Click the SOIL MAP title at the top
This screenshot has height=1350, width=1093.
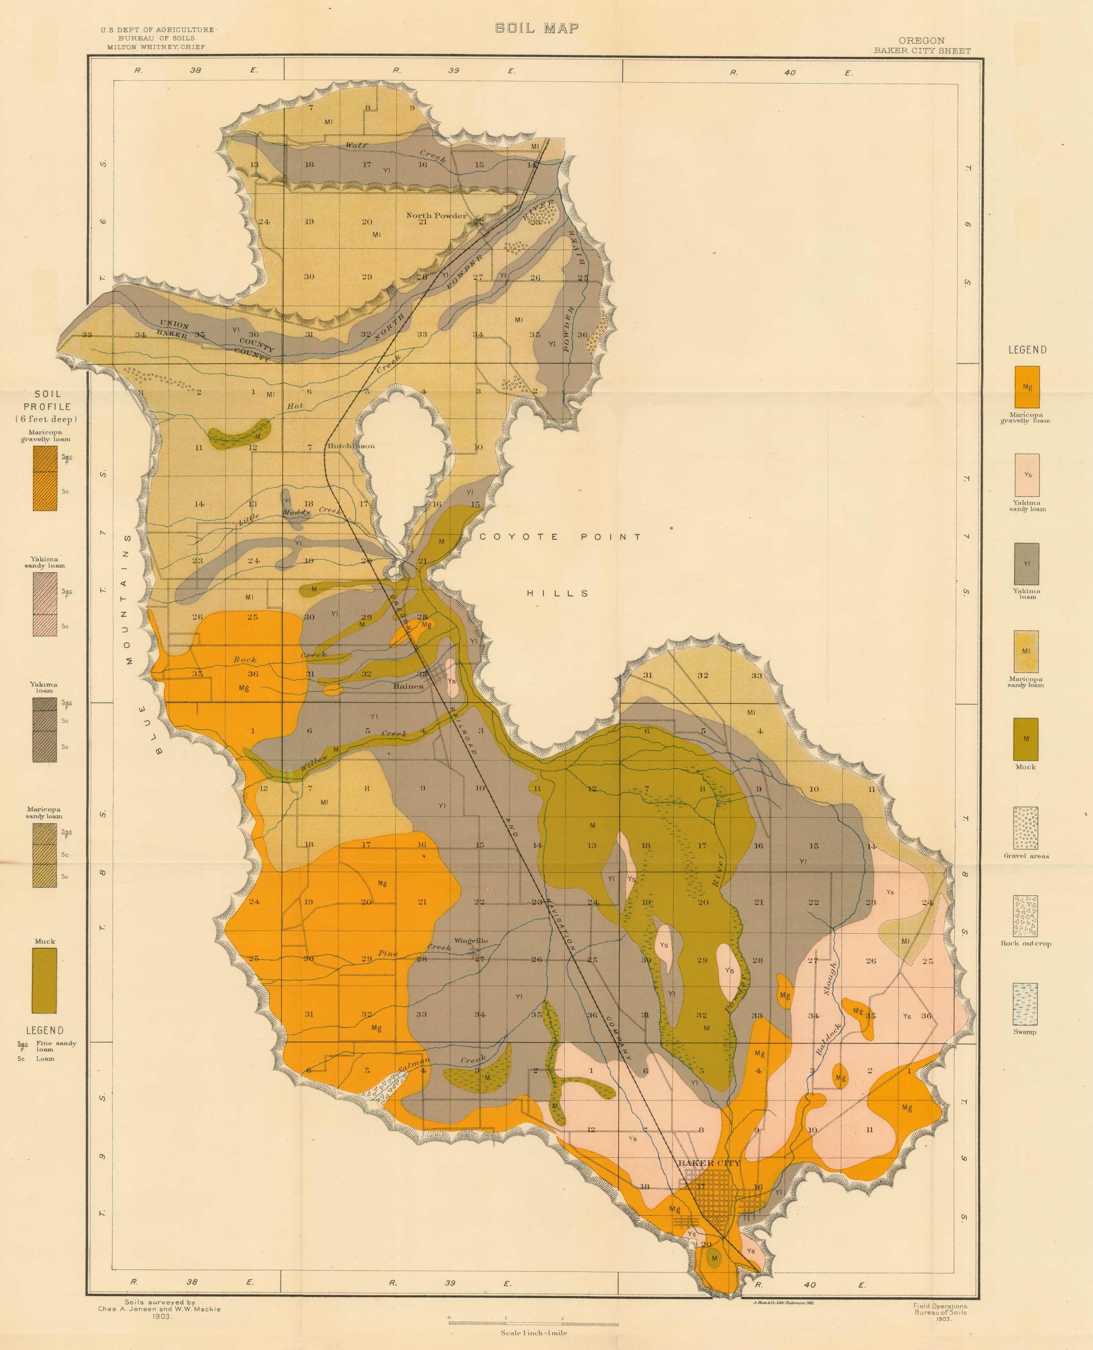pyautogui.click(x=536, y=28)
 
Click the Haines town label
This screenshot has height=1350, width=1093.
pyautogui.click(x=408, y=686)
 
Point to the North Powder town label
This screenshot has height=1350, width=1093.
pyautogui.click(x=436, y=215)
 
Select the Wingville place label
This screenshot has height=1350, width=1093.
pyautogui.click(x=470, y=941)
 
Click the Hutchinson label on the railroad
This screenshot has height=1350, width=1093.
pyautogui.click(x=351, y=446)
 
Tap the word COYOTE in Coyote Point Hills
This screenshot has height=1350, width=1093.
pyautogui.click(x=519, y=537)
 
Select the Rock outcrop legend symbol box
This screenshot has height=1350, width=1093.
pyautogui.click(x=1026, y=916)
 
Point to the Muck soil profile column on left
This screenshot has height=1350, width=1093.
pyautogui.click(x=45, y=980)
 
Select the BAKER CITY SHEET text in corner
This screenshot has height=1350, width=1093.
pyautogui.click(x=922, y=51)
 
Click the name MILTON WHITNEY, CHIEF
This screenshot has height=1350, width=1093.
pyautogui.click(x=157, y=47)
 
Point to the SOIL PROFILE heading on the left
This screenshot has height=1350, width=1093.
pyautogui.click(x=47, y=400)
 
